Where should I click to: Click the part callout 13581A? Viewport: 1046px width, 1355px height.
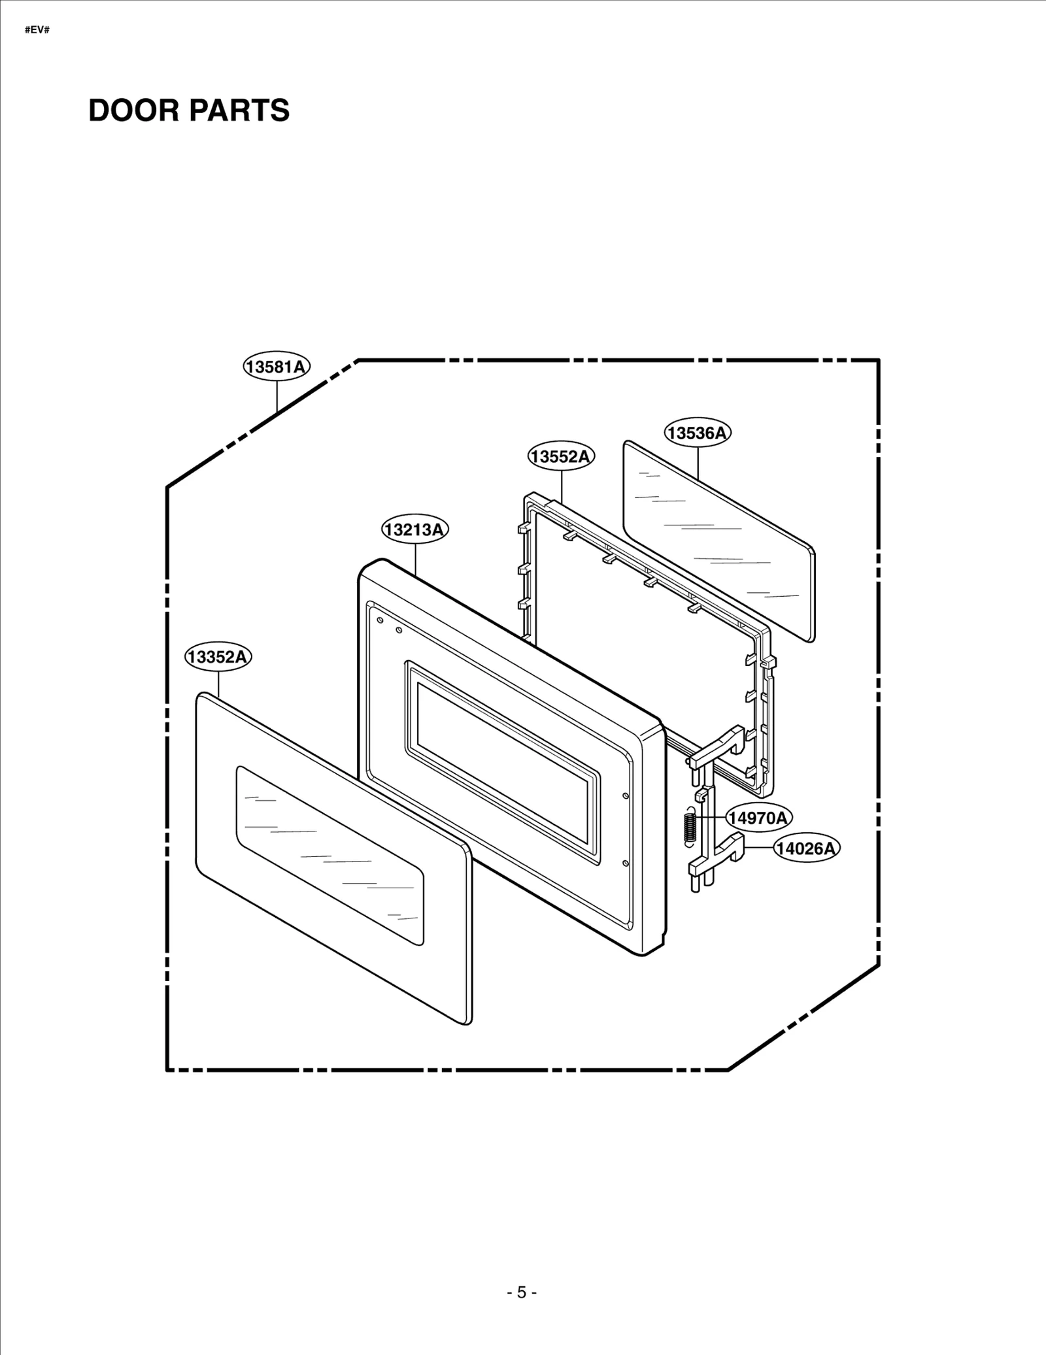pos(277,367)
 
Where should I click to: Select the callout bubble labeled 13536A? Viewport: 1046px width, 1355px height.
pos(698,433)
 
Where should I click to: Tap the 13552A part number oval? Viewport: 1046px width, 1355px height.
pos(561,456)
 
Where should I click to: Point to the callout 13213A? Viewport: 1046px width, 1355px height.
pos(415,529)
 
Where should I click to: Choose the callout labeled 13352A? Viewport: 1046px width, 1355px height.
pos(218,657)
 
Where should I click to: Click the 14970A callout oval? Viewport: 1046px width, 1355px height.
pos(759,818)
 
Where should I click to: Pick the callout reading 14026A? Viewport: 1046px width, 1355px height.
pos(807,848)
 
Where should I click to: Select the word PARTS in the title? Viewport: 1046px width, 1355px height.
pos(240,110)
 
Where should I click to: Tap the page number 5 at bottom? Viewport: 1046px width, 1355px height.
pos(522,1292)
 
